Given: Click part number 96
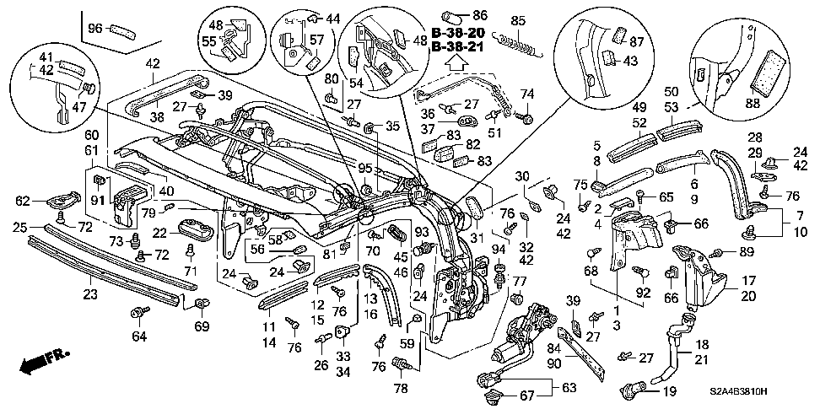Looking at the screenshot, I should [96, 29].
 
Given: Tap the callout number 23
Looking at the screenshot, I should [90, 293].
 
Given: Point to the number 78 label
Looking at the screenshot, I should [402, 387].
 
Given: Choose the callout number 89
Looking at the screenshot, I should [746, 253].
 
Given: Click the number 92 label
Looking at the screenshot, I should [644, 294].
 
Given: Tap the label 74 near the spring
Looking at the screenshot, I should [528, 94].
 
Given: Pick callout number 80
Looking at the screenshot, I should [331, 80].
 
